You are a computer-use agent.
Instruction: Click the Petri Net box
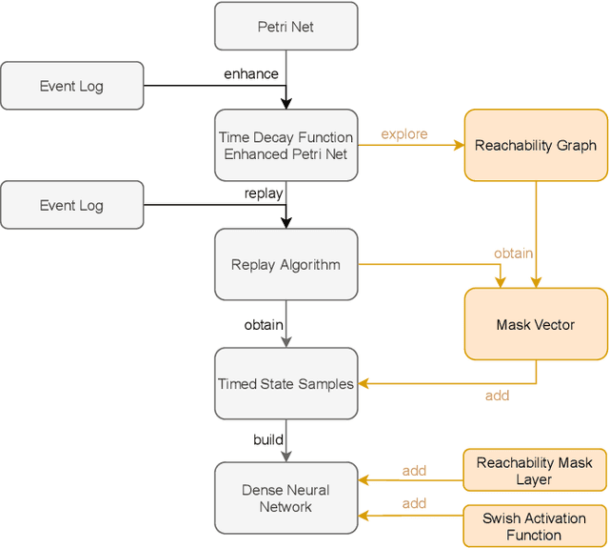pyautogui.click(x=285, y=27)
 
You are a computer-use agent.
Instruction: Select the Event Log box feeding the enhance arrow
pyautogui.click(x=71, y=86)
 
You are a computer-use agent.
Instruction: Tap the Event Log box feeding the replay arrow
pyautogui.click(x=71, y=205)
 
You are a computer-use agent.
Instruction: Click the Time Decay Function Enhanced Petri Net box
pyautogui.click(x=285, y=146)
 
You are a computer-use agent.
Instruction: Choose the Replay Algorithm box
pyautogui.click(x=285, y=265)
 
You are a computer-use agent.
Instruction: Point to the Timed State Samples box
pyautogui.click(x=285, y=384)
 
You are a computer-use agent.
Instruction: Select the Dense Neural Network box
pyautogui.click(x=285, y=498)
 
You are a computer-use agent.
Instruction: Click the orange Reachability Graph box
pyautogui.click(x=535, y=146)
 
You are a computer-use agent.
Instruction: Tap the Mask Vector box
pyautogui.click(x=535, y=325)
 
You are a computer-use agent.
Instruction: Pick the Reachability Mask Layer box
pyautogui.click(x=535, y=471)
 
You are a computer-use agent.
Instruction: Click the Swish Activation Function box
pyautogui.click(x=535, y=526)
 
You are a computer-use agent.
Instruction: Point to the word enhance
pyautogui.click(x=252, y=74)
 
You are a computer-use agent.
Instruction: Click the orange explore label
pyautogui.click(x=404, y=134)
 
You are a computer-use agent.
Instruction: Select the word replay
pyautogui.click(x=264, y=193)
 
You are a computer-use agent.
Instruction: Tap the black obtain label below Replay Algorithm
pyautogui.click(x=264, y=325)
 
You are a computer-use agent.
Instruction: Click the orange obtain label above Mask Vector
pyautogui.click(x=513, y=254)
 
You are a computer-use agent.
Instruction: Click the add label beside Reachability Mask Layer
pyautogui.click(x=414, y=471)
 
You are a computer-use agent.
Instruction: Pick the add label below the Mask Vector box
pyautogui.click(x=497, y=396)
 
